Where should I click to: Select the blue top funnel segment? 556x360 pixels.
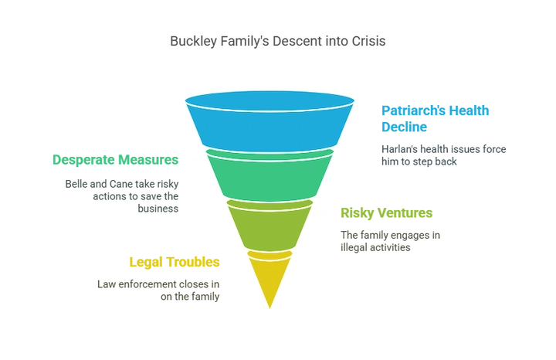[270, 121]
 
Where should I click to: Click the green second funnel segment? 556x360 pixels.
[270, 175]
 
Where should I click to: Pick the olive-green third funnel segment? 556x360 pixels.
[270, 226]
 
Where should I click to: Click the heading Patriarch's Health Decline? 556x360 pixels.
[435, 119]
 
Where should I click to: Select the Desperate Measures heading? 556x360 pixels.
[115, 160]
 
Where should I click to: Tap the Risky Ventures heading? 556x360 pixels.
[387, 212]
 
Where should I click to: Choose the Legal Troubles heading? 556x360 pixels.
[175, 262]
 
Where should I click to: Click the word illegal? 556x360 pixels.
[353, 247]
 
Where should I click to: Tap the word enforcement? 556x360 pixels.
[147, 284]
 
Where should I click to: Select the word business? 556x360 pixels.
[158, 209]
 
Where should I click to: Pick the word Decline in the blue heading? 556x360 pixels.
[404, 127]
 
